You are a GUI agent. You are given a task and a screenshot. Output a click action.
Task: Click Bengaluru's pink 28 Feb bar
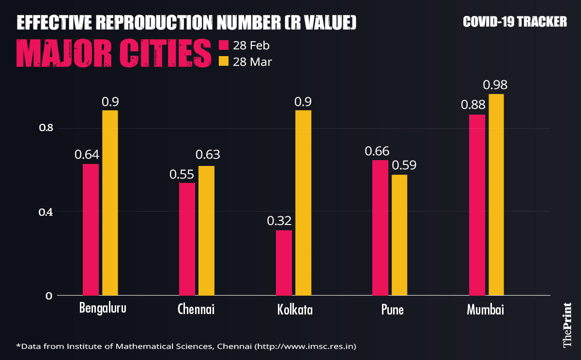[x=91, y=230]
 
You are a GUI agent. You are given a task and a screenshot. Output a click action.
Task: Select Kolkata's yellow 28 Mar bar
[x=303, y=203]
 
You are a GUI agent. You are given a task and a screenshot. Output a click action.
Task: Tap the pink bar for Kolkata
[x=284, y=263]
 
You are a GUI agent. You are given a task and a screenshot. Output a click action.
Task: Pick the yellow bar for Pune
[x=399, y=235]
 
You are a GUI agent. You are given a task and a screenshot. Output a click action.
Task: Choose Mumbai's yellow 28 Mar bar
[x=496, y=195]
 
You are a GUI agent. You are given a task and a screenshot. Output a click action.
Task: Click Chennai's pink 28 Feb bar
[x=187, y=239]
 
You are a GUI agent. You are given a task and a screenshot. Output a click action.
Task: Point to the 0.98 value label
[x=495, y=85]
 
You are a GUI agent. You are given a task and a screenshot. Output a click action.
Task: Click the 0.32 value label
[x=279, y=221]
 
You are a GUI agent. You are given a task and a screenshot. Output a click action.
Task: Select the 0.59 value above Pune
[x=404, y=165]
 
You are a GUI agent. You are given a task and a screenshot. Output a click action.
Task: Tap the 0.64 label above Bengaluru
[x=87, y=155]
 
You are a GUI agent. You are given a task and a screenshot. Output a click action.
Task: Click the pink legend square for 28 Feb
[x=224, y=45]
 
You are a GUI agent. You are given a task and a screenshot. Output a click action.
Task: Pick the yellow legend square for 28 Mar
[x=224, y=61]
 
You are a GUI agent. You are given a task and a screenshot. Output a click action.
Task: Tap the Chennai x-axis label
[x=196, y=309]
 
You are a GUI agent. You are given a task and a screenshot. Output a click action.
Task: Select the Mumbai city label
[x=486, y=310]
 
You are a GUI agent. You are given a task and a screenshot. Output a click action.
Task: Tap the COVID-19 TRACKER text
[x=515, y=22]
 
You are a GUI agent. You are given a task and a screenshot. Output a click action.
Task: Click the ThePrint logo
[x=567, y=325]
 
